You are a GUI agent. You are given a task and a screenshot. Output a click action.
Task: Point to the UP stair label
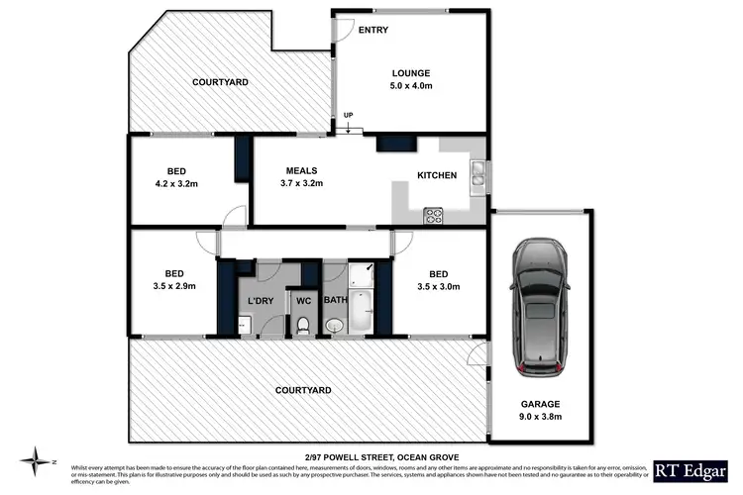347,118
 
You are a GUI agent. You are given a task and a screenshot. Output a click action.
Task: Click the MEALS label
302,169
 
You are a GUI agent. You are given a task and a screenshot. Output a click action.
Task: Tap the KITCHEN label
436,176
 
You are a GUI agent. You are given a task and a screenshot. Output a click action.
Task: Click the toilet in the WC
304,324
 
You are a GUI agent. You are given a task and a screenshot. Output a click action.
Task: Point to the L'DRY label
260,300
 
